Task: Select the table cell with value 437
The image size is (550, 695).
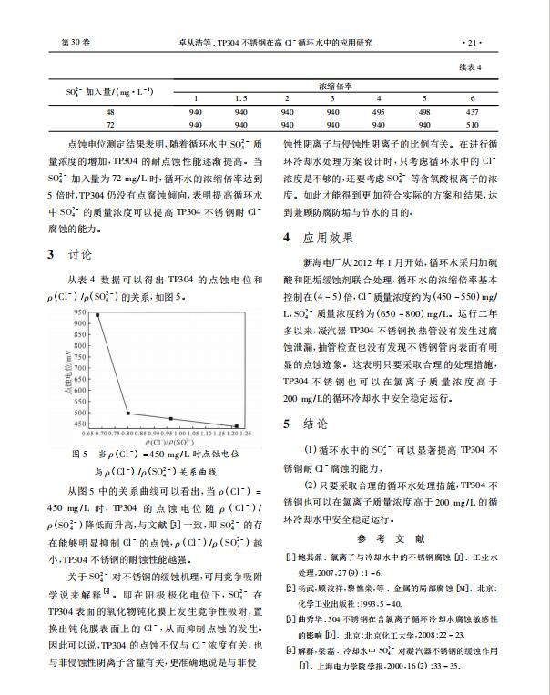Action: coord(471,111)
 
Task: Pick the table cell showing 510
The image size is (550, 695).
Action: coord(471,124)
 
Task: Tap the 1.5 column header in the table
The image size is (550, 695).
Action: coord(240,97)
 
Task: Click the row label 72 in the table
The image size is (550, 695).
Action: coord(111,124)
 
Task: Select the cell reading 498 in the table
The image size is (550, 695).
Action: coord(424,111)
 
